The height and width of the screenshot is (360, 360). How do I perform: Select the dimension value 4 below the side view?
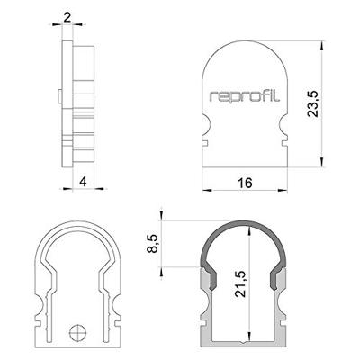pos(83,183)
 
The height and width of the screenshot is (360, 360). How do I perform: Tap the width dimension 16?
pos(245,183)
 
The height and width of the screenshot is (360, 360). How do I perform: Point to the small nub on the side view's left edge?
pos(56,93)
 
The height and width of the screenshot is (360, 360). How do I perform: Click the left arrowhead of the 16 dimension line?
pos(204,191)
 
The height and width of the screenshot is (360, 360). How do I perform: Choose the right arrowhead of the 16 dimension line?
pos(285,191)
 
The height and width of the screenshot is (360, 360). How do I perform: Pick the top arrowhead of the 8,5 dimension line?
pos(160,221)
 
